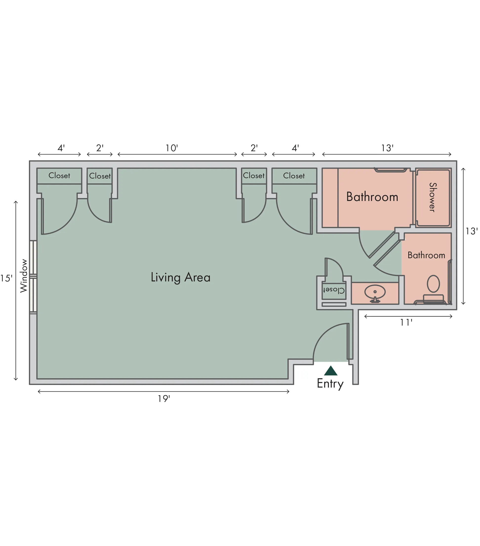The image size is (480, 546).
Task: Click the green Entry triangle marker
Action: (x=331, y=371)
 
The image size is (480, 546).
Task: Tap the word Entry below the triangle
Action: (x=330, y=384)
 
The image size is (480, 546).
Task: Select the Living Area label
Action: (x=180, y=277)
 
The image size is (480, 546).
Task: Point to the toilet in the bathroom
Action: (x=433, y=289)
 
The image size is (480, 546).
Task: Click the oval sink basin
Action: (x=375, y=292)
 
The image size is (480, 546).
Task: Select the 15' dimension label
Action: (x=6, y=278)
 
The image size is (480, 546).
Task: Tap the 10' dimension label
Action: (x=172, y=148)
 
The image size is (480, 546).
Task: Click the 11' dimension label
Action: (x=406, y=323)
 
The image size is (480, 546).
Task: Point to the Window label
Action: (x=24, y=276)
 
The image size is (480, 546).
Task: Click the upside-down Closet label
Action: (x=334, y=290)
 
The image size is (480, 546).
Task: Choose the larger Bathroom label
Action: (x=372, y=197)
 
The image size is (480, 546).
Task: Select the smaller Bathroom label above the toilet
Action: (x=426, y=255)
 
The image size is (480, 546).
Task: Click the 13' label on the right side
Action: (x=471, y=231)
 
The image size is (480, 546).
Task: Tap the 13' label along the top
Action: (x=387, y=148)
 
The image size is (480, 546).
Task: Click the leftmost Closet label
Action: (x=59, y=175)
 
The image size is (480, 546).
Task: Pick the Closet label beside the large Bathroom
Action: (x=294, y=176)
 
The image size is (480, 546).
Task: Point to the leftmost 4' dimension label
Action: (x=61, y=148)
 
